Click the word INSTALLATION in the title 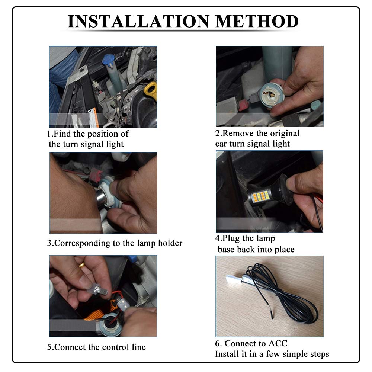(138, 21)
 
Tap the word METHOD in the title (257, 21)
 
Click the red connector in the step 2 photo (244, 105)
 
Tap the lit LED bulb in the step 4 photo (263, 197)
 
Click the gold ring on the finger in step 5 (82, 265)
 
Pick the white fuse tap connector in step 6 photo (234, 279)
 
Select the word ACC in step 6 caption (278, 343)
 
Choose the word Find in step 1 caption (62, 134)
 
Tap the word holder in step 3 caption (170, 243)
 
